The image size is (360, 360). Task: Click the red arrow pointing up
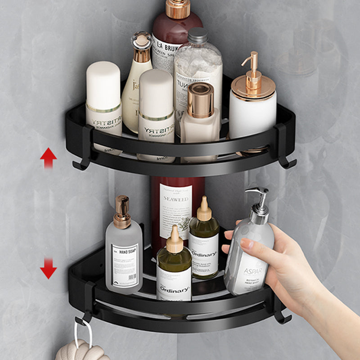pos(48,158)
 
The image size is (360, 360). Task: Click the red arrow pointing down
pos(48,268)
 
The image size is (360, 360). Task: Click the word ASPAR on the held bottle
pos(253,271)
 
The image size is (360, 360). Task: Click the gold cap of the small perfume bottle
pos(201,100)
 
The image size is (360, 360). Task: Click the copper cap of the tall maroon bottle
pos(177,9)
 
